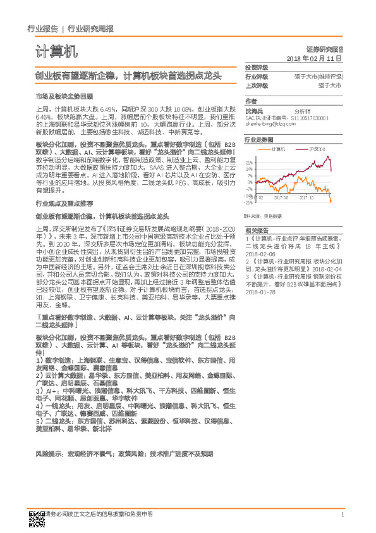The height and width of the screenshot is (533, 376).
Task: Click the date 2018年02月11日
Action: (314, 58)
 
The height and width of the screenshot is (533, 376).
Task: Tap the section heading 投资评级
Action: (257, 68)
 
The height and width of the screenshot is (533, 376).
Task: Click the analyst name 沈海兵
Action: (255, 110)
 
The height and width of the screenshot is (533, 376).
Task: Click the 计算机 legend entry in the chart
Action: (277, 149)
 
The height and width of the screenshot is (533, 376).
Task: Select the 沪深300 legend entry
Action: (318, 149)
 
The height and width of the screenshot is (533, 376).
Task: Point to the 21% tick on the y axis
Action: (250, 162)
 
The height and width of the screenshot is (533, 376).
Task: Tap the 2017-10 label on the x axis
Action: (308, 197)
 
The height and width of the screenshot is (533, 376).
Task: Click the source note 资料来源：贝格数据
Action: (265, 216)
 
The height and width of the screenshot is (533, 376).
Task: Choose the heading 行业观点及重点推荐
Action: (66, 203)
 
